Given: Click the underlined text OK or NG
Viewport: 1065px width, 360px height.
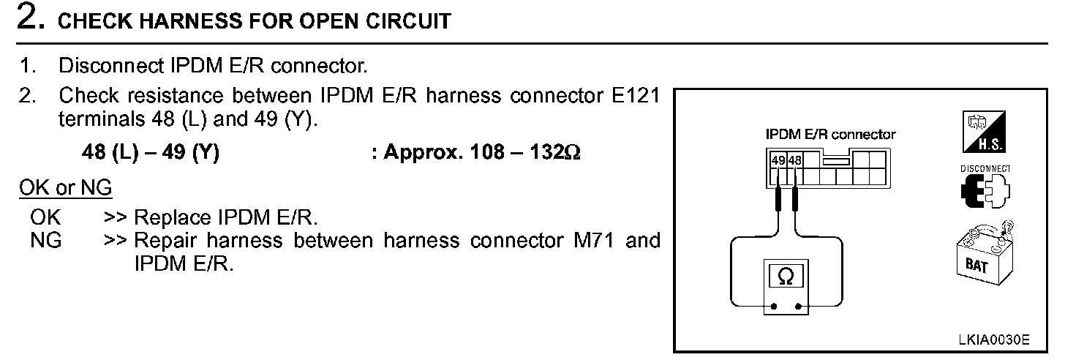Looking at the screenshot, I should pyautogui.click(x=65, y=188).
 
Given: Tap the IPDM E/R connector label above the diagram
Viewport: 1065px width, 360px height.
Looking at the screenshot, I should pyautogui.click(x=829, y=135).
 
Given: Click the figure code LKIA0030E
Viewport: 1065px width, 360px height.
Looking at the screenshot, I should pyautogui.click(x=994, y=340).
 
